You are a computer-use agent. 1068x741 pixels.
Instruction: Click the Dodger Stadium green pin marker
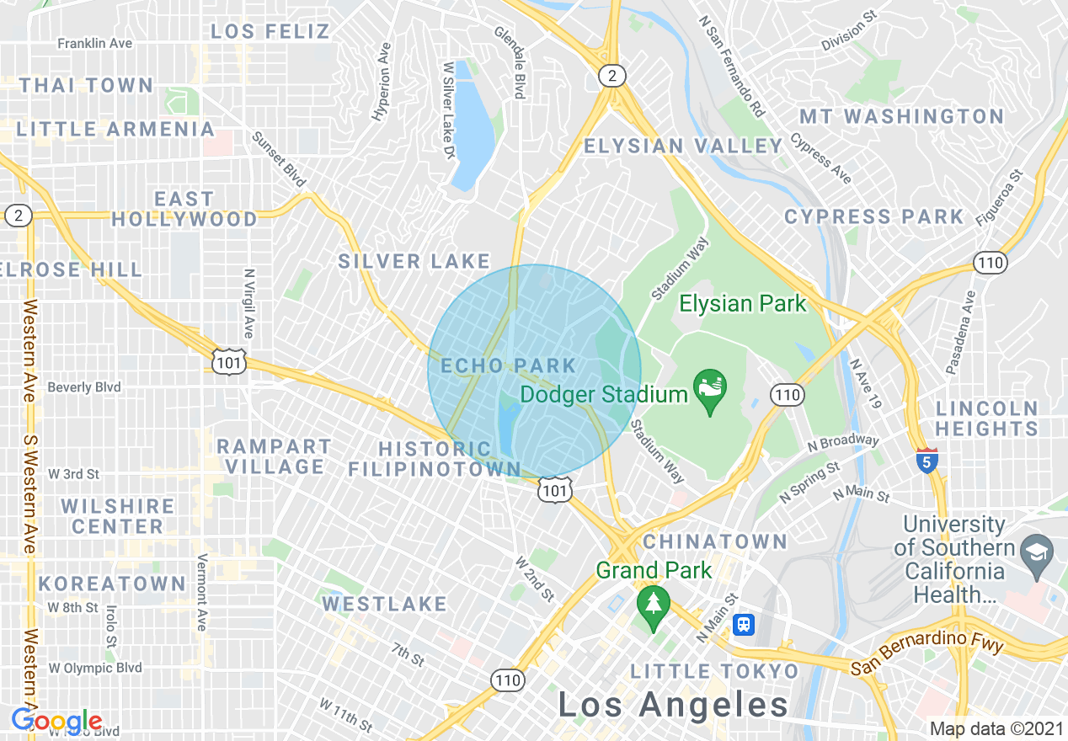click(x=710, y=390)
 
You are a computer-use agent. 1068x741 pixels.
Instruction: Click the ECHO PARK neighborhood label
click(x=509, y=365)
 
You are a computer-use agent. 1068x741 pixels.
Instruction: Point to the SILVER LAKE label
click(x=414, y=262)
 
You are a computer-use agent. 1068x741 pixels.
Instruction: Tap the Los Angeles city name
click(x=673, y=705)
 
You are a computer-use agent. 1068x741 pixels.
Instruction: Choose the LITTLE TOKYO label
click(x=714, y=671)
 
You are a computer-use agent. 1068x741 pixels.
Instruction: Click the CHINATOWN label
click(x=715, y=541)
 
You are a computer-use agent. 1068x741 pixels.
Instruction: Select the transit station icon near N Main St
click(x=744, y=625)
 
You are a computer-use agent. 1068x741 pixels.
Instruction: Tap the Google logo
click(x=57, y=721)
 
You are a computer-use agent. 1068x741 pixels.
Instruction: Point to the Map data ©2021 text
click(x=995, y=728)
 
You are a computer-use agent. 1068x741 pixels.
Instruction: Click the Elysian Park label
click(x=743, y=303)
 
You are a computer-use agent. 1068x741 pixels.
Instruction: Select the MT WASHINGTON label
click(x=901, y=116)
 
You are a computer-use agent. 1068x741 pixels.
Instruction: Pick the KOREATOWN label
click(x=112, y=584)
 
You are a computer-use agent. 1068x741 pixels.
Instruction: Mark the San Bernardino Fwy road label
click(x=926, y=655)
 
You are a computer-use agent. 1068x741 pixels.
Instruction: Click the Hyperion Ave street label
click(x=382, y=82)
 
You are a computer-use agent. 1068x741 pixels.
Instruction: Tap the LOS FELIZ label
click(x=270, y=32)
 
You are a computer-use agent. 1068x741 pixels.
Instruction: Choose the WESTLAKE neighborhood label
click(x=384, y=604)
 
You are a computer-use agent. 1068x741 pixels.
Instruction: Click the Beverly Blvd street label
click(x=84, y=387)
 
